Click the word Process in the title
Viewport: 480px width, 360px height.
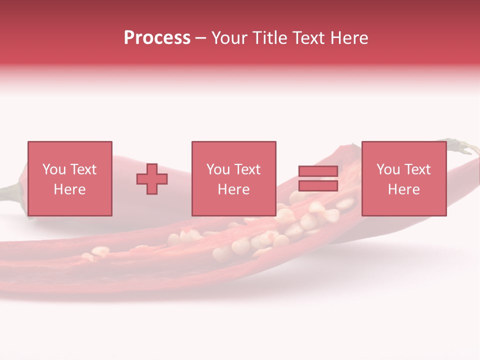pos(157,38)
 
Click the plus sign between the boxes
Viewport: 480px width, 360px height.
pos(152,179)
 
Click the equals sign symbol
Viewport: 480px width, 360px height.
pos(318,178)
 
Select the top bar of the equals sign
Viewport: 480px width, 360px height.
pos(318,171)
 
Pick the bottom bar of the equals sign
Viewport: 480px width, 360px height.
pos(318,186)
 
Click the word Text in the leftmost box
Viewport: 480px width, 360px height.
pos(83,169)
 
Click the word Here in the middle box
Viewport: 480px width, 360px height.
pos(233,189)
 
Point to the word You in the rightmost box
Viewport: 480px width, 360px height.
pos(388,169)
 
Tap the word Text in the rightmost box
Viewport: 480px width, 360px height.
pos(417,169)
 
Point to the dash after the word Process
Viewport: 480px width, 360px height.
pos(200,38)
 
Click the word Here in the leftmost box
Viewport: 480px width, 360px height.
pos(69,189)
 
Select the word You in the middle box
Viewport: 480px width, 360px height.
pos(218,169)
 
